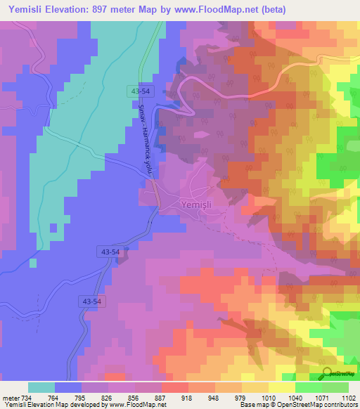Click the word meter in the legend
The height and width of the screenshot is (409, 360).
(x=9, y=398)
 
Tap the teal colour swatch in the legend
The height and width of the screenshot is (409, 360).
(x=41, y=387)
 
